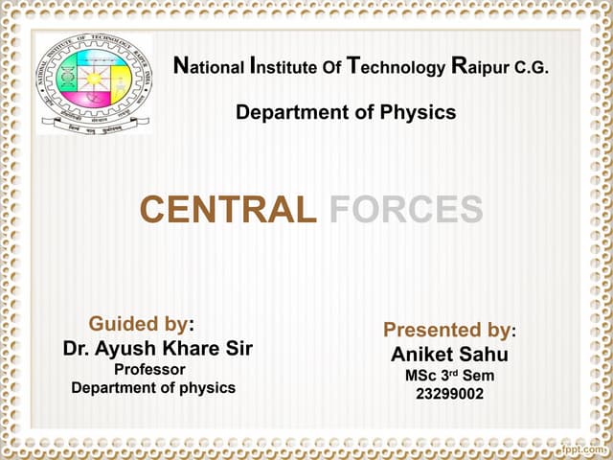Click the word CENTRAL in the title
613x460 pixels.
(228, 210)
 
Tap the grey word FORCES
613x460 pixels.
(406, 210)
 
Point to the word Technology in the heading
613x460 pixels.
(396, 68)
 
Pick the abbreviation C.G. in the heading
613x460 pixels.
(532, 69)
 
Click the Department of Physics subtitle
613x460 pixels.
(346, 113)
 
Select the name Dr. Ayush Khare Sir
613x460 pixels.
(158, 348)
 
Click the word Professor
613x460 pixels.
(150, 369)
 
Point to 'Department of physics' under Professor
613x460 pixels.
(153, 388)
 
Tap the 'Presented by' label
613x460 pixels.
(448, 331)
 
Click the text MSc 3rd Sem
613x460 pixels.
(449, 376)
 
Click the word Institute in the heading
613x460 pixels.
(283, 68)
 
